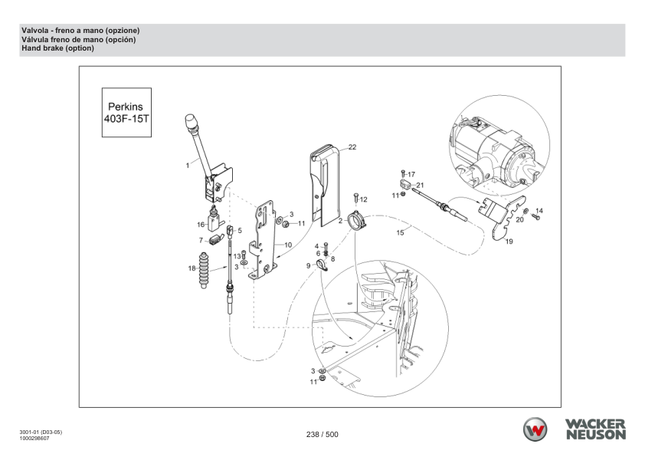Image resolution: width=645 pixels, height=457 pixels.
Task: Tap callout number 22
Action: click(353, 146)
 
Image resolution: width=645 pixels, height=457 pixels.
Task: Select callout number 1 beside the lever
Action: click(186, 164)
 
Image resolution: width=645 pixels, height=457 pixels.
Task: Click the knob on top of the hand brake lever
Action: click(192, 122)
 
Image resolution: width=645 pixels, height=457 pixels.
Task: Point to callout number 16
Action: click(201, 225)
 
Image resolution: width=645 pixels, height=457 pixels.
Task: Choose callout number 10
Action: click(287, 245)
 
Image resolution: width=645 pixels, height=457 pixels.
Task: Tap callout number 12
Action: click(364, 199)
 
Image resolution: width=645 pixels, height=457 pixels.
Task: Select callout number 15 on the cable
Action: click(400, 232)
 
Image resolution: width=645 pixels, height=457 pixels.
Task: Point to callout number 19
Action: click(509, 241)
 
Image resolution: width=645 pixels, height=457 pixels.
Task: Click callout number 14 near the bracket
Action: click(539, 210)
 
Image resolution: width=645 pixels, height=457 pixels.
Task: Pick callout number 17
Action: click(411, 175)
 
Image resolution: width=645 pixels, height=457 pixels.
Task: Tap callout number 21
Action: click(420, 186)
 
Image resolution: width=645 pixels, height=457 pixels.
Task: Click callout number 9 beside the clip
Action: click(309, 265)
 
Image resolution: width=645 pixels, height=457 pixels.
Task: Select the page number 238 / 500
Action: click(322, 435)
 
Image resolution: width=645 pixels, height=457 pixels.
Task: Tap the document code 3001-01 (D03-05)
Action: click(42, 432)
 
